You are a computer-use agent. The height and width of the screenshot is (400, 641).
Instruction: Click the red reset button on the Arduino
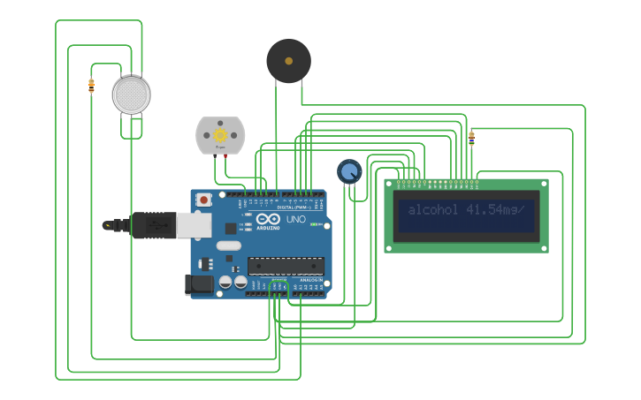coord(204,200)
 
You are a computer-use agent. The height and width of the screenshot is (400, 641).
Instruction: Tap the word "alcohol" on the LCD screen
coord(433,210)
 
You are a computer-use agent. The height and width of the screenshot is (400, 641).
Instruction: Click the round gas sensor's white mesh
coord(131,94)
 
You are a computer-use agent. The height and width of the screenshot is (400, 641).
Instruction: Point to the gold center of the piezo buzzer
coord(288,61)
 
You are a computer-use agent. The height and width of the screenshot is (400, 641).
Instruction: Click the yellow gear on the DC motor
coord(219,135)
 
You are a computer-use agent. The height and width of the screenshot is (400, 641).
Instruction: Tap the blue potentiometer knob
coord(349,170)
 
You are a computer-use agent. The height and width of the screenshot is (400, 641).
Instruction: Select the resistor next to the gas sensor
coord(91,86)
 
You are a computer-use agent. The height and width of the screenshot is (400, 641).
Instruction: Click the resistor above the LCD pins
coord(471,137)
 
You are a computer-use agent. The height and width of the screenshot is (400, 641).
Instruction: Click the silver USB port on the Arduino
coord(193,224)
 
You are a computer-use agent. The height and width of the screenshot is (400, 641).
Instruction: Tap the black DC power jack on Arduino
coord(199,283)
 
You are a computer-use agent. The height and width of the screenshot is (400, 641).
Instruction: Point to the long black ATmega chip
coord(285,266)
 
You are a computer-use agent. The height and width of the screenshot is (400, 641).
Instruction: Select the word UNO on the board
coord(296,218)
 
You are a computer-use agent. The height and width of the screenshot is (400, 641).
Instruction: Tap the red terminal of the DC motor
coord(225,156)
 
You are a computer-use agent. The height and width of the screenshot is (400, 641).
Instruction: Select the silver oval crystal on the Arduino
coord(228,246)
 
